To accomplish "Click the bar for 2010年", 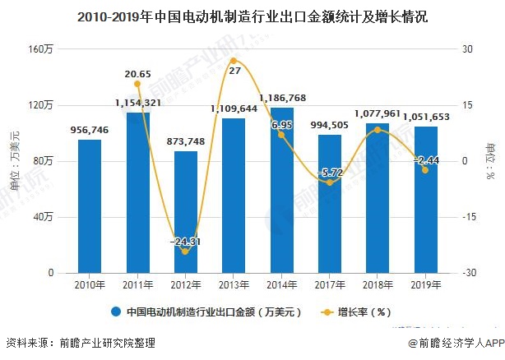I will coord(90,205).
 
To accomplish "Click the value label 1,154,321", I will coord(137,103).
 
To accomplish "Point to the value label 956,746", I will coord(89,130).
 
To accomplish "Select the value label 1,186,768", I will coord(282,98).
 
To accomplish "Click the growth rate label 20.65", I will coord(137,74).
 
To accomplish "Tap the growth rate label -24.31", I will coord(185,242).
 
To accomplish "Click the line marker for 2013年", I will coord(234,61).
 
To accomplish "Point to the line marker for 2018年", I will coord(378,130).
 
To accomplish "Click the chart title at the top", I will coord(252,16).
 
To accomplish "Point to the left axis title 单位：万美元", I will coord(13,161).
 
